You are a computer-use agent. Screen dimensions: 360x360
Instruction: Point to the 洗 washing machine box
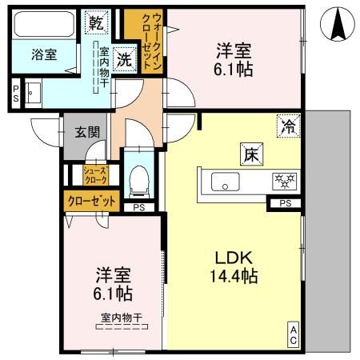click(125, 58)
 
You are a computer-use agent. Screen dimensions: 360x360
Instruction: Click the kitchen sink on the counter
click(227, 182)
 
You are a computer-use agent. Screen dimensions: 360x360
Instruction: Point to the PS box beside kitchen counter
click(285, 203)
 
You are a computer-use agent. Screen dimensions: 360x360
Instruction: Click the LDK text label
click(233, 258)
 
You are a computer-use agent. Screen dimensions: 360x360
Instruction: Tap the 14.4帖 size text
click(233, 278)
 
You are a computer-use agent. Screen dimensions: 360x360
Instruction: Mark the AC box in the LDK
click(294, 334)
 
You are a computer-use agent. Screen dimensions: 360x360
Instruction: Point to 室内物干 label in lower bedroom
click(121, 318)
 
